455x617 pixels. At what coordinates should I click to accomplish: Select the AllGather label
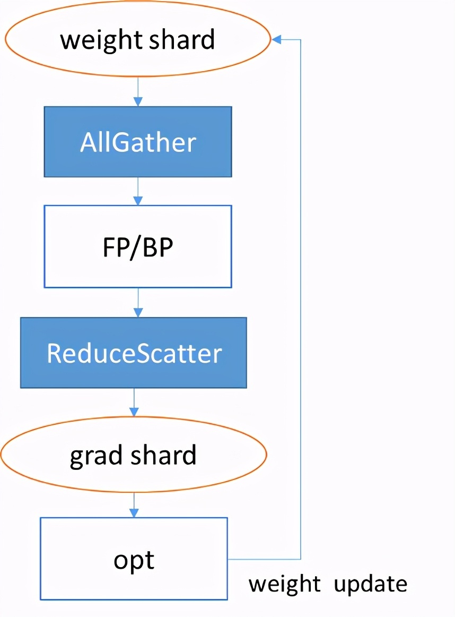(138, 142)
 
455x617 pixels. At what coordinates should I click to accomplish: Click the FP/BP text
(138, 247)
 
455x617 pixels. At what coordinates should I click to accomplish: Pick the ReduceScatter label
(134, 353)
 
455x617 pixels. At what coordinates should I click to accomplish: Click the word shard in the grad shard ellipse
(163, 455)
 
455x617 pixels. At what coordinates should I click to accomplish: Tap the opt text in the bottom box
(134, 561)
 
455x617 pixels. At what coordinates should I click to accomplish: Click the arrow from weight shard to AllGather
(138, 92)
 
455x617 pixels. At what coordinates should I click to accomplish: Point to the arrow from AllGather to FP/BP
(138, 191)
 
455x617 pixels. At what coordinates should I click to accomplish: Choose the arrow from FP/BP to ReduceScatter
(138, 303)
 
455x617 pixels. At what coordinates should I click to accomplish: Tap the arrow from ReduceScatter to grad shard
(134, 402)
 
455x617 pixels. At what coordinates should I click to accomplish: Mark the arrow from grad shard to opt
(134, 505)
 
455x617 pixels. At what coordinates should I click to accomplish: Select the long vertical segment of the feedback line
(301, 299)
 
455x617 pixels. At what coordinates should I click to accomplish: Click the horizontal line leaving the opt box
(264, 559)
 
